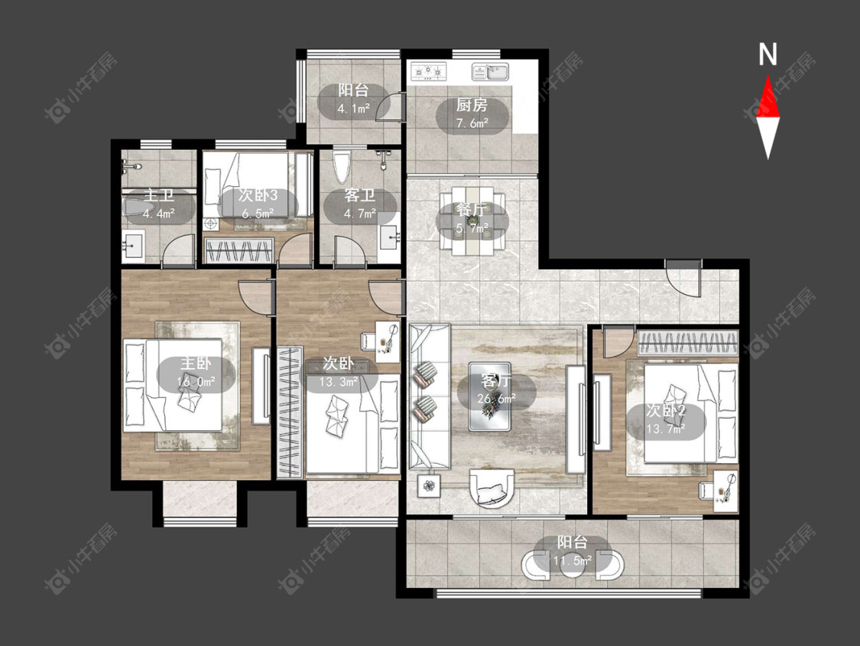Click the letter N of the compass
(x=768, y=54)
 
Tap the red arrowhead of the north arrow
(x=768, y=98)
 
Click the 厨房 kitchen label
(x=472, y=105)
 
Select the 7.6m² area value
(x=472, y=123)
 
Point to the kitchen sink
(x=491, y=72)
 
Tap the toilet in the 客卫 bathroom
(x=341, y=166)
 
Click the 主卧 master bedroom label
(x=196, y=363)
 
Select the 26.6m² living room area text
(x=496, y=398)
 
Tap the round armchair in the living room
(x=492, y=488)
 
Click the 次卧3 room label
(x=258, y=195)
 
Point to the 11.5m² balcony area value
(x=572, y=561)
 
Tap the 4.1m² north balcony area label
(x=353, y=108)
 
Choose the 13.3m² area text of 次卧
(x=339, y=382)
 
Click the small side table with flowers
(x=429, y=485)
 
